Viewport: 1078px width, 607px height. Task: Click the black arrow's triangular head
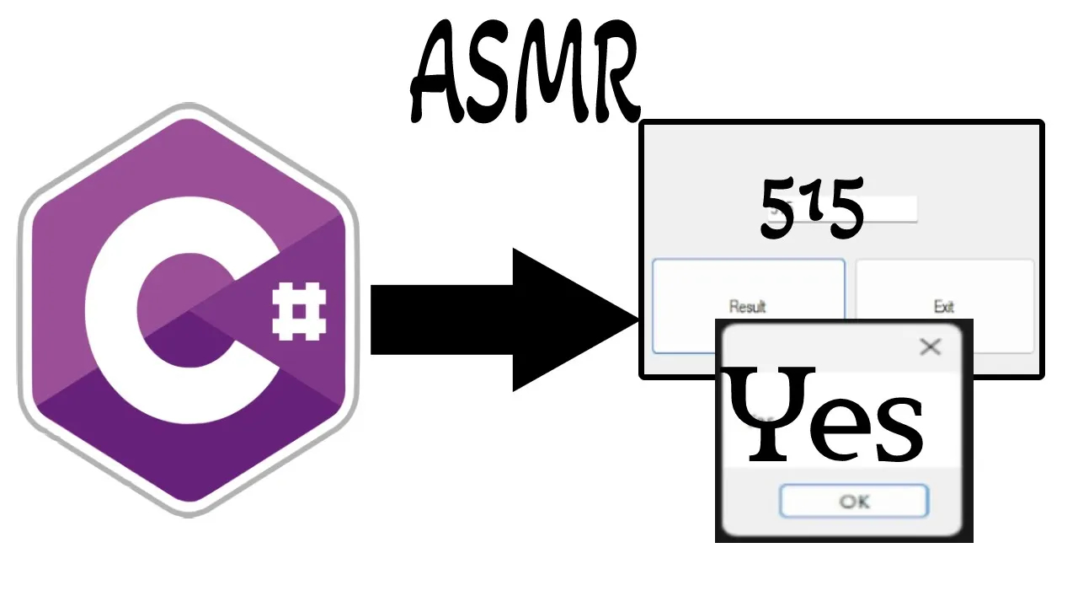(564, 320)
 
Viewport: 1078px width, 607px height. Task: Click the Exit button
(944, 305)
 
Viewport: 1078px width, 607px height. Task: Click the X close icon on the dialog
(930, 346)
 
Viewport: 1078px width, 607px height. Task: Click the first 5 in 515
(779, 209)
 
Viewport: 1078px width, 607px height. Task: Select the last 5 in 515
(845, 211)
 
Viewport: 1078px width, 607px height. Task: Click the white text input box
(889, 208)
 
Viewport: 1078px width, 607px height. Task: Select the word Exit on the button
(944, 307)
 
